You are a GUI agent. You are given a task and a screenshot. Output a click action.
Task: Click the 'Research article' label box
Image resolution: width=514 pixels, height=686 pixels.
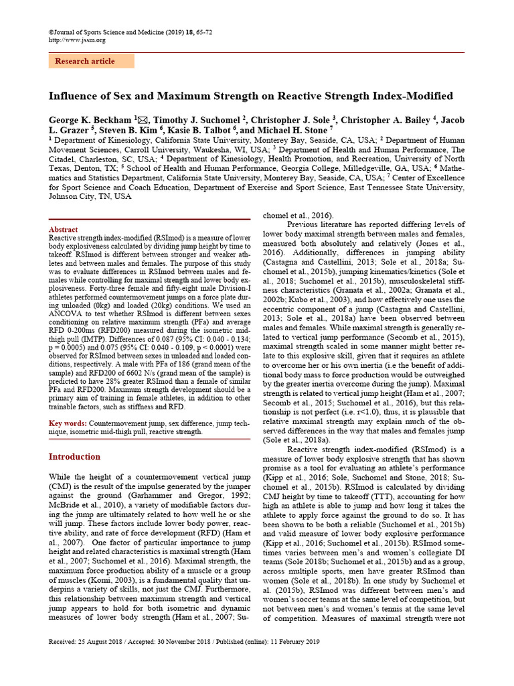[90, 61]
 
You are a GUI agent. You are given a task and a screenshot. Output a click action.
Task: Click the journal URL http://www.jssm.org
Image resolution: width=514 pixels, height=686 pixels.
[77, 40]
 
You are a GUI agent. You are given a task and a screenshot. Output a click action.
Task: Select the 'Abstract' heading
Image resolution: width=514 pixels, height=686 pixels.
[64, 230]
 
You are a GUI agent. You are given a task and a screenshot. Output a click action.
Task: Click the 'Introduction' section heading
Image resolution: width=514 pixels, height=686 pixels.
[74, 457]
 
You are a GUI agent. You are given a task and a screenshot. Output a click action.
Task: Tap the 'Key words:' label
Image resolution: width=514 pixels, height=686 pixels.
[68, 424]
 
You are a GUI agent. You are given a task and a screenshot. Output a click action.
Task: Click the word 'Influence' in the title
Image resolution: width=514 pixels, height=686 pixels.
[76, 96]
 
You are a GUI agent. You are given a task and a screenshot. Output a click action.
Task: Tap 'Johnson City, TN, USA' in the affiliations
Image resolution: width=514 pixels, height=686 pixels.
[90, 197]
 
